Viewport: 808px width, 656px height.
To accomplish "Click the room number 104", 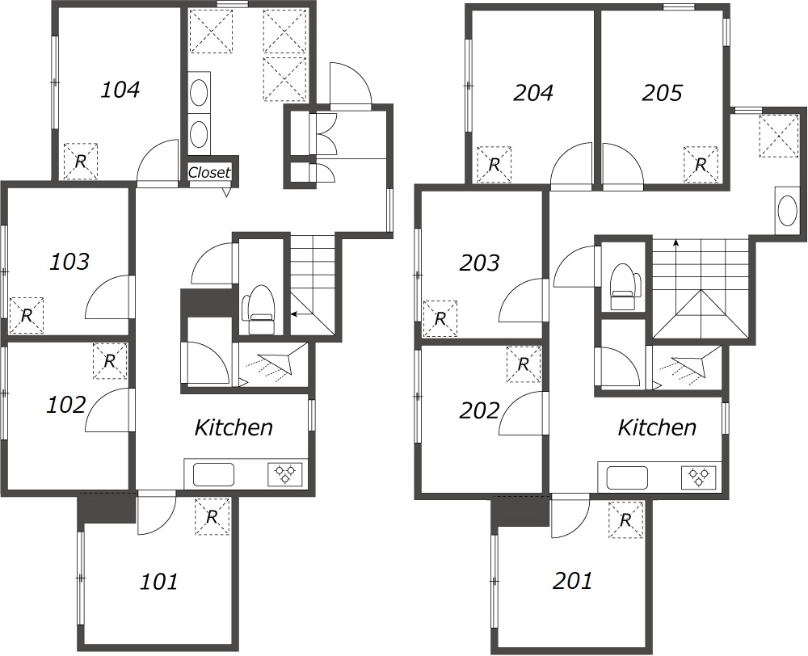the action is coord(120,90).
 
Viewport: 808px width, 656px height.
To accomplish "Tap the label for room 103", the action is coord(69,262).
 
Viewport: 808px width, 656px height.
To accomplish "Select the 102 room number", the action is coord(66,405).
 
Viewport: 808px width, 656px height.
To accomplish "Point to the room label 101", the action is coord(159,582).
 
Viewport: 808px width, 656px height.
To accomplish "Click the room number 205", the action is coord(663,93).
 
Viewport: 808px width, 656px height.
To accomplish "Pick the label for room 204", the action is coord(533,93).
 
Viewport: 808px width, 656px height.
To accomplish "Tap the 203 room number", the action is coord(479,263).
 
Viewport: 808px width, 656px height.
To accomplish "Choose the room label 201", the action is coord(572,582).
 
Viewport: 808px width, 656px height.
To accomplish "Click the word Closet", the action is coord(209,173).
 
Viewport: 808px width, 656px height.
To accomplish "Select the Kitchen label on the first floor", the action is coord(234,427).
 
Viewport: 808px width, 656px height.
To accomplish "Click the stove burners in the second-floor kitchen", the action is coord(699,477).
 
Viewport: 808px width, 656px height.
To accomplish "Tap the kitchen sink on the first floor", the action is coord(213,474).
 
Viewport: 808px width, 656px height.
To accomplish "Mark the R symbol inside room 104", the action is coord(80,162).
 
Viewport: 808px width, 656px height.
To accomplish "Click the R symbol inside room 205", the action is coord(701,165).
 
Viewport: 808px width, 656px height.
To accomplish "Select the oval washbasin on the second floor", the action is coord(787,212).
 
